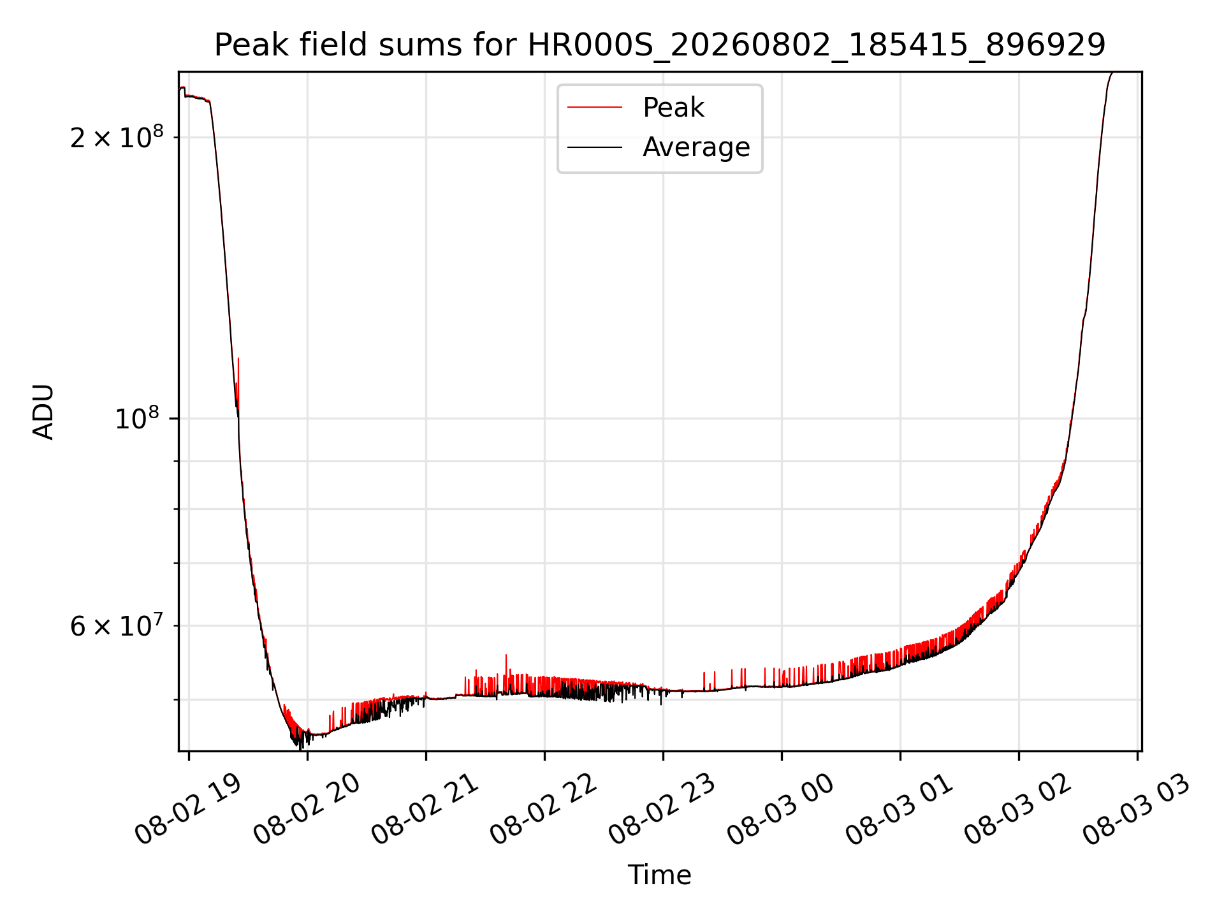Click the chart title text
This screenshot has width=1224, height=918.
[x=660, y=45]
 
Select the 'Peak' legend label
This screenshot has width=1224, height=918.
[x=673, y=108]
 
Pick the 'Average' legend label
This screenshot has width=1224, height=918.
[x=696, y=147]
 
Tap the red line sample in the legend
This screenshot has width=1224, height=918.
[x=595, y=107]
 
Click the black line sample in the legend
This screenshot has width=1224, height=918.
[x=595, y=147]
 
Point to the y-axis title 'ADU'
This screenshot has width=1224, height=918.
[x=43, y=412]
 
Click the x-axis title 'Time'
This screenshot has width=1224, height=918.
[x=660, y=875]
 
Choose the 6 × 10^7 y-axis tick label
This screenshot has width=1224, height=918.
[x=117, y=625]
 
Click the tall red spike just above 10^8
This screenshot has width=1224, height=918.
[x=238, y=382]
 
